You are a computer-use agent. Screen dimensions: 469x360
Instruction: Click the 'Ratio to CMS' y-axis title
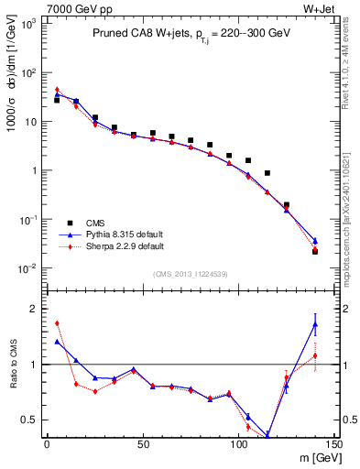click(11, 365)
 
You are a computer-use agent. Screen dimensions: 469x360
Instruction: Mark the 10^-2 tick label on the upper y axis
click(27, 268)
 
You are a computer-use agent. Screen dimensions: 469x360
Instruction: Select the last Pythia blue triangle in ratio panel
click(315, 324)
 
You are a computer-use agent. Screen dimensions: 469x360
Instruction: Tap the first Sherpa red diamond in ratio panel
click(57, 322)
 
